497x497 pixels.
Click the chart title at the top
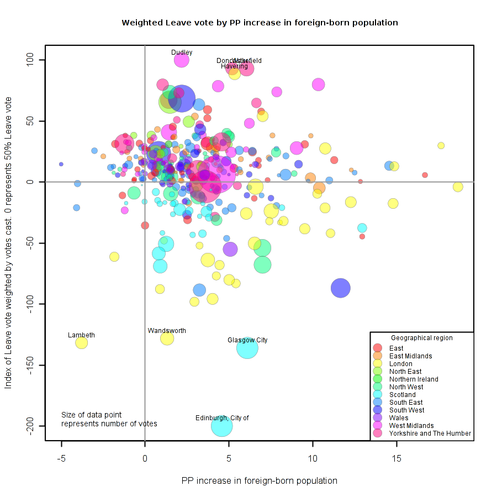(260, 23)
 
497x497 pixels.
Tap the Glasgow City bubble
(247, 348)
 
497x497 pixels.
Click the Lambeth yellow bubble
(82, 343)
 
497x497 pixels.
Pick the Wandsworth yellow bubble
(167, 339)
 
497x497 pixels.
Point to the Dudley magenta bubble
(182, 60)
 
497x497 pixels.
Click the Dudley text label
(182, 52)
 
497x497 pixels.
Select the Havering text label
(234, 66)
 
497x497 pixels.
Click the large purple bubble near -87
(341, 288)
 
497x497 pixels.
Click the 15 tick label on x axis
(396, 458)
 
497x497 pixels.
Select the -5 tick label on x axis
(61, 458)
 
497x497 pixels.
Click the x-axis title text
(259, 480)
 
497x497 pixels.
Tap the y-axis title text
(8, 242)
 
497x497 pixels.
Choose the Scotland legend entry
(403, 395)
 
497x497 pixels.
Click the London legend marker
(378, 364)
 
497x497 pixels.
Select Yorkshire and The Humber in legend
(430, 433)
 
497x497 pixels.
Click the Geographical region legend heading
(421, 338)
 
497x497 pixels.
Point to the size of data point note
(109, 419)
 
